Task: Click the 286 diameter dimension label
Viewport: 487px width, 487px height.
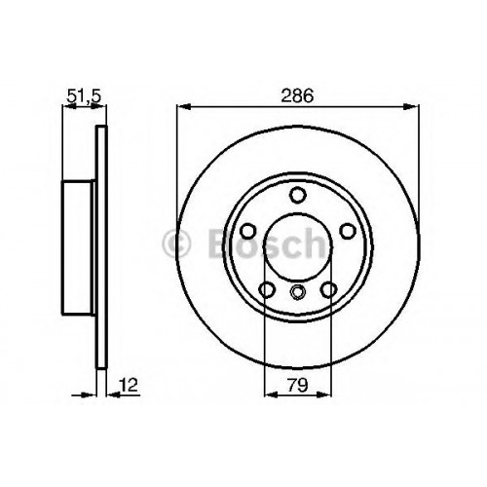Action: point(297,95)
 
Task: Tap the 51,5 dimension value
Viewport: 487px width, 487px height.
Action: point(84,96)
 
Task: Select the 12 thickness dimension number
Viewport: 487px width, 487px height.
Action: point(129,385)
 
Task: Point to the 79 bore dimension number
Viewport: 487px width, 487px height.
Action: point(298,386)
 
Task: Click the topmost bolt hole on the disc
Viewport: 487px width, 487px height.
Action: point(298,195)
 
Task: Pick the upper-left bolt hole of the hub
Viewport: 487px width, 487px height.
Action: point(248,231)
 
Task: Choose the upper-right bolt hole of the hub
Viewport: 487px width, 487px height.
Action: point(348,231)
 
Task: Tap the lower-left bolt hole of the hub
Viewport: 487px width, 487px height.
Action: point(267,289)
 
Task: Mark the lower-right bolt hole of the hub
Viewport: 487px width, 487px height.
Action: point(328,289)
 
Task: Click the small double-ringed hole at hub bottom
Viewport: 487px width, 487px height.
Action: point(298,291)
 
